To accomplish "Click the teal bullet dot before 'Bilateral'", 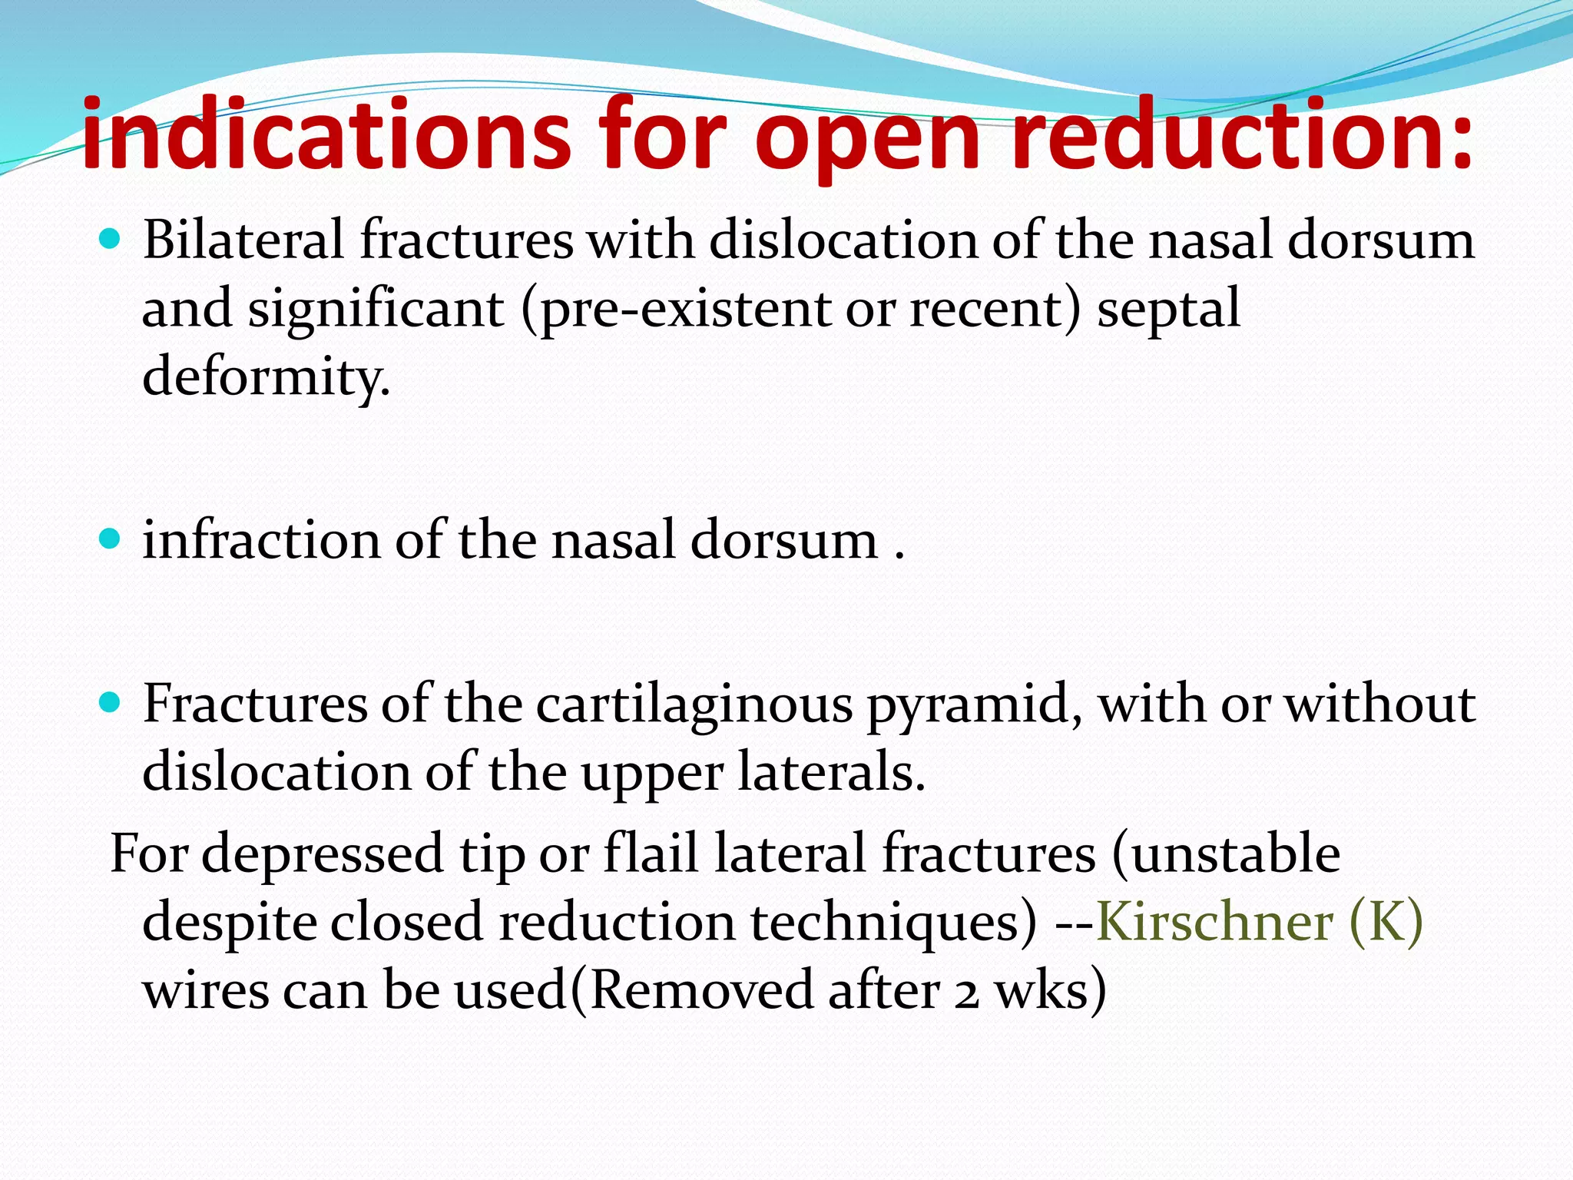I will pyautogui.click(x=111, y=240).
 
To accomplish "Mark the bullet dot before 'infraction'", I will pyautogui.click(x=111, y=539).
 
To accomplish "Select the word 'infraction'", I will pyautogui.click(x=260, y=539).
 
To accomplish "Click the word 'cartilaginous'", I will pyautogui.click(x=694, y=704).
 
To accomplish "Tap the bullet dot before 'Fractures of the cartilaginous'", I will pyautogui.click(x=111, y=702).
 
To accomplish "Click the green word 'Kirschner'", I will pyautogui.click(x=1214, y=922).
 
